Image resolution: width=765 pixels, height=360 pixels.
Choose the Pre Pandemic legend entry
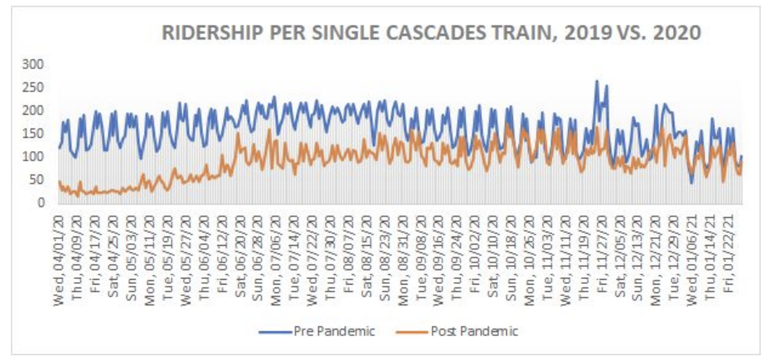coord(317,331)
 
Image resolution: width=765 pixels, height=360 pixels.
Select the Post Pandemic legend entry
coord(457,331)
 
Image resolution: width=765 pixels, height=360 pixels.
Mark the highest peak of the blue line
coord(596,81)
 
